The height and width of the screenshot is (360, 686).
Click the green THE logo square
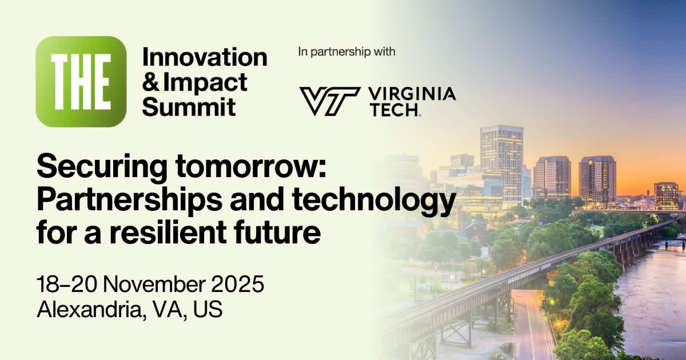point(81,81)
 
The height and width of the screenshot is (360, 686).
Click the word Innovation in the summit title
point(204,57)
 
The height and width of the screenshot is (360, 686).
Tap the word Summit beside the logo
point(189,106)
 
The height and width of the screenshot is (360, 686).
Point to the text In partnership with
point(346,52)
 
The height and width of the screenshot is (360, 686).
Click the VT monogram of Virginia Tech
point(329,101)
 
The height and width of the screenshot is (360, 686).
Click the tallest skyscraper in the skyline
point(501,160)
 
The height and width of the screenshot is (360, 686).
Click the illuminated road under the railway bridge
point(529,326)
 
